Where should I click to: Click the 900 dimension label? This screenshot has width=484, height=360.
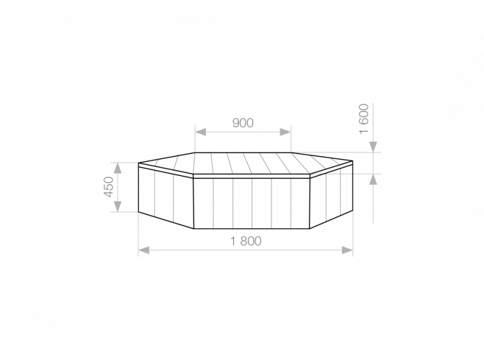243,123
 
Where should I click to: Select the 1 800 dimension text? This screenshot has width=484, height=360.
246,241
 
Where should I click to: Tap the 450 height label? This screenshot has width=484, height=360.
108,187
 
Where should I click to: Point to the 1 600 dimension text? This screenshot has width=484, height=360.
364,118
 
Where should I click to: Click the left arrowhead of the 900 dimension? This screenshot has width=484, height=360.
200,132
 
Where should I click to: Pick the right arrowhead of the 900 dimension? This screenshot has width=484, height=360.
285,132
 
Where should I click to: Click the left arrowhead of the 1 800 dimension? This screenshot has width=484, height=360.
144,250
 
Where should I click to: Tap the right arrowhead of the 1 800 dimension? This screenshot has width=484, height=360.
347,250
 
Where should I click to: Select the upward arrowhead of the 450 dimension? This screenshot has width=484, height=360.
118,168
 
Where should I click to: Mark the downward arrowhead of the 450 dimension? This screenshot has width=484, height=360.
118,206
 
